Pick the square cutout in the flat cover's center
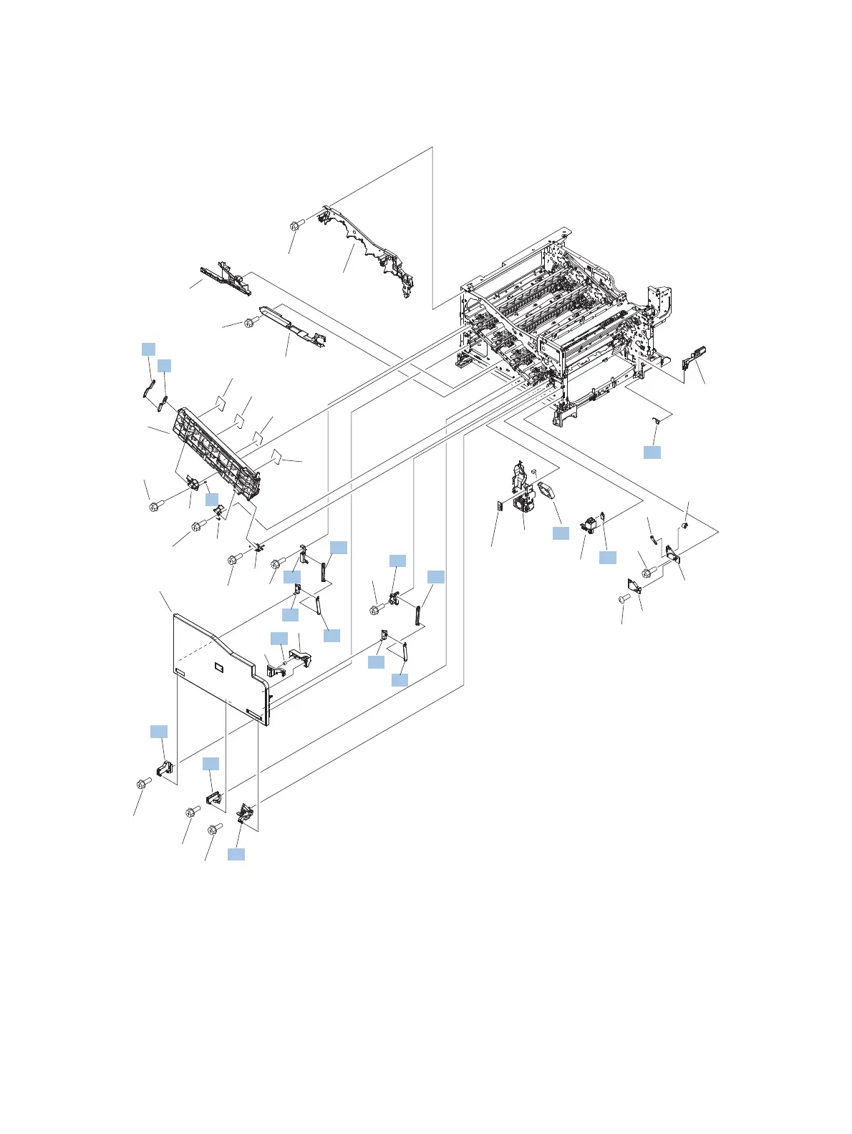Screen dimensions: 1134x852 coord(218,668)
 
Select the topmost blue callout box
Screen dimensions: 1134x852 coord(148,349)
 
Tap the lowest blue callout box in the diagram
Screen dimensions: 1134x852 coord(236,853)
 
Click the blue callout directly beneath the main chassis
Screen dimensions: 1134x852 coord(652,452)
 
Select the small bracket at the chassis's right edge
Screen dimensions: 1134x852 coord(694,355)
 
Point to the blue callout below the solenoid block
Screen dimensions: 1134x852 coord(607,557)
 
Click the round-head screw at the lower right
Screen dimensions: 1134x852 coord(624,597)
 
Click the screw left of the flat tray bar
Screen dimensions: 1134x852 coord(251,321)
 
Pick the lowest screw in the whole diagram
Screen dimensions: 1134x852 coord(213,830)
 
